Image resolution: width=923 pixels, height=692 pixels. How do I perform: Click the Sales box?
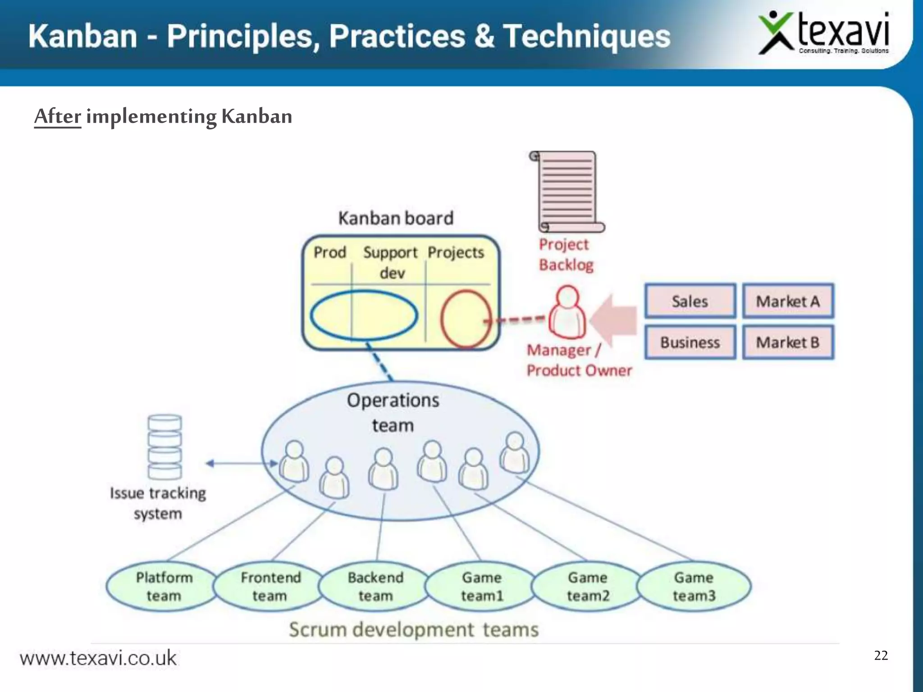pos(690,301)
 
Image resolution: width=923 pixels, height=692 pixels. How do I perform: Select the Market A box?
pos(788,301)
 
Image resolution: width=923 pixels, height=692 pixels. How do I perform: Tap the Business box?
pos(690,342)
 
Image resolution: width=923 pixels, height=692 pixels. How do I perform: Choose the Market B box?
pos(788,342)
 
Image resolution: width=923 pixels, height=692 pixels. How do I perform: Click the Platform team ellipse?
pos(164,586)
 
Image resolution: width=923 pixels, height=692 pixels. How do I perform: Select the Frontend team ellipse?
pos(270,586)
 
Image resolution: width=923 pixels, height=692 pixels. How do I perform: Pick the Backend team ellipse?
pos(375,586)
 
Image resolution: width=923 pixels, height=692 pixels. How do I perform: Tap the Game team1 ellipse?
pos(482,586)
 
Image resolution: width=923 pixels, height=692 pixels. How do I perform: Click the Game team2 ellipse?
pos(588,586)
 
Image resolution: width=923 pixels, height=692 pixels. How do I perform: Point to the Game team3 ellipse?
pos(694,586)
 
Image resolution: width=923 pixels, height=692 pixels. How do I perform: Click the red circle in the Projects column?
pos(466,319)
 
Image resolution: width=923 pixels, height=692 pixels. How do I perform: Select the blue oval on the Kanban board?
pos(364,315)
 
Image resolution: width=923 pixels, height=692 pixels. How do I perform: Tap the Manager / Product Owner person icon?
pos(567,312)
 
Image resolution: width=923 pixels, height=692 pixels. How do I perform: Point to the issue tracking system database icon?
pos(165,446)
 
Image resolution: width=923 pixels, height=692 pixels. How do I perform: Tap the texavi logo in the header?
pos(824,33)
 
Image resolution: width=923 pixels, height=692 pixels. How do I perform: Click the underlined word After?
pos(58,116)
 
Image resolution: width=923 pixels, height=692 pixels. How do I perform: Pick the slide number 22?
pos(881,655)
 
